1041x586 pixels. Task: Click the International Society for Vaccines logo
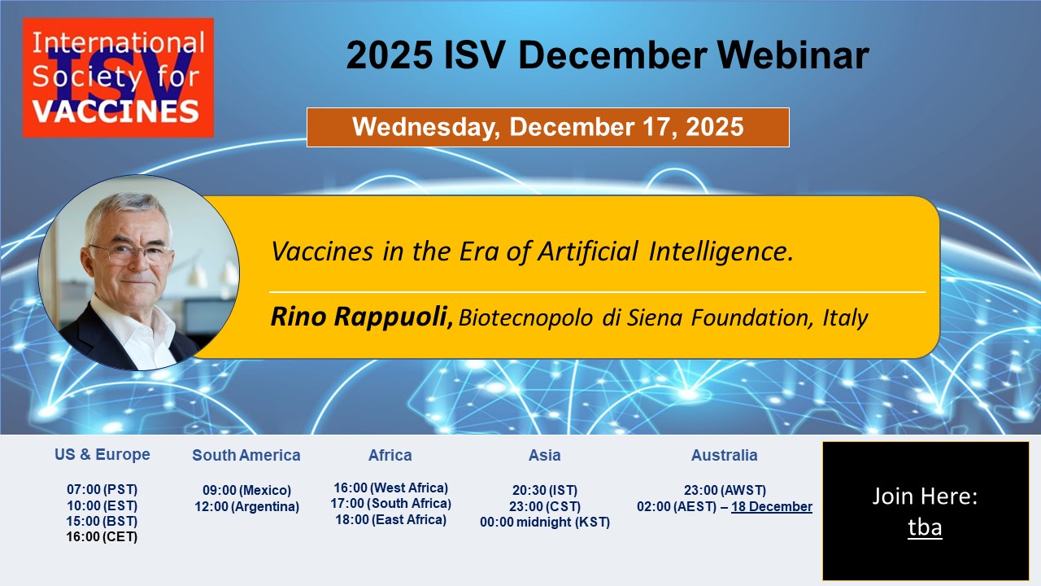click(x=118, y=77)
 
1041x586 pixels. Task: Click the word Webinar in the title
click(x=793, y=55)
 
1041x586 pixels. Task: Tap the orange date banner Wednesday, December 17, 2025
click(x=548, y=128)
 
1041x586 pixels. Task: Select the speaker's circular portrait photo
click(x=138, y=273)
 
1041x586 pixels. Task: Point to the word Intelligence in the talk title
click(x=721, y=251)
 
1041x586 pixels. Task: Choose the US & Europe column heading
click(x=102, y=454)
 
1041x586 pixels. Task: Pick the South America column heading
click(x=246, y=455)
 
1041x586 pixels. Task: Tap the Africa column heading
click(x=390, y=455)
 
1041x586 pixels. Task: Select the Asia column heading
click(x=545, y=455)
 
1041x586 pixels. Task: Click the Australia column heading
click(x=724, y=455)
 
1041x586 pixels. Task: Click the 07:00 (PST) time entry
click(x=102, y=489)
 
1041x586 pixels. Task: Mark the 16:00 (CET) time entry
click(x=102, y=536)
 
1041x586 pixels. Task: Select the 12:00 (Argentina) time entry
click(x=246, y=506)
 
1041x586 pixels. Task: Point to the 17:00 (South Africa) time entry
click(x=391, y=503)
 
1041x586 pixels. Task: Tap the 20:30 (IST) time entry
click(x=545, y=490)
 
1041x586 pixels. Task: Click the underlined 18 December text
click(x=772, y=506)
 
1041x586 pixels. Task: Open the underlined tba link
click(x=925, y=527)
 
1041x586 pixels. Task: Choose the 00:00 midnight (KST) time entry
click(x=545, y=523)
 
